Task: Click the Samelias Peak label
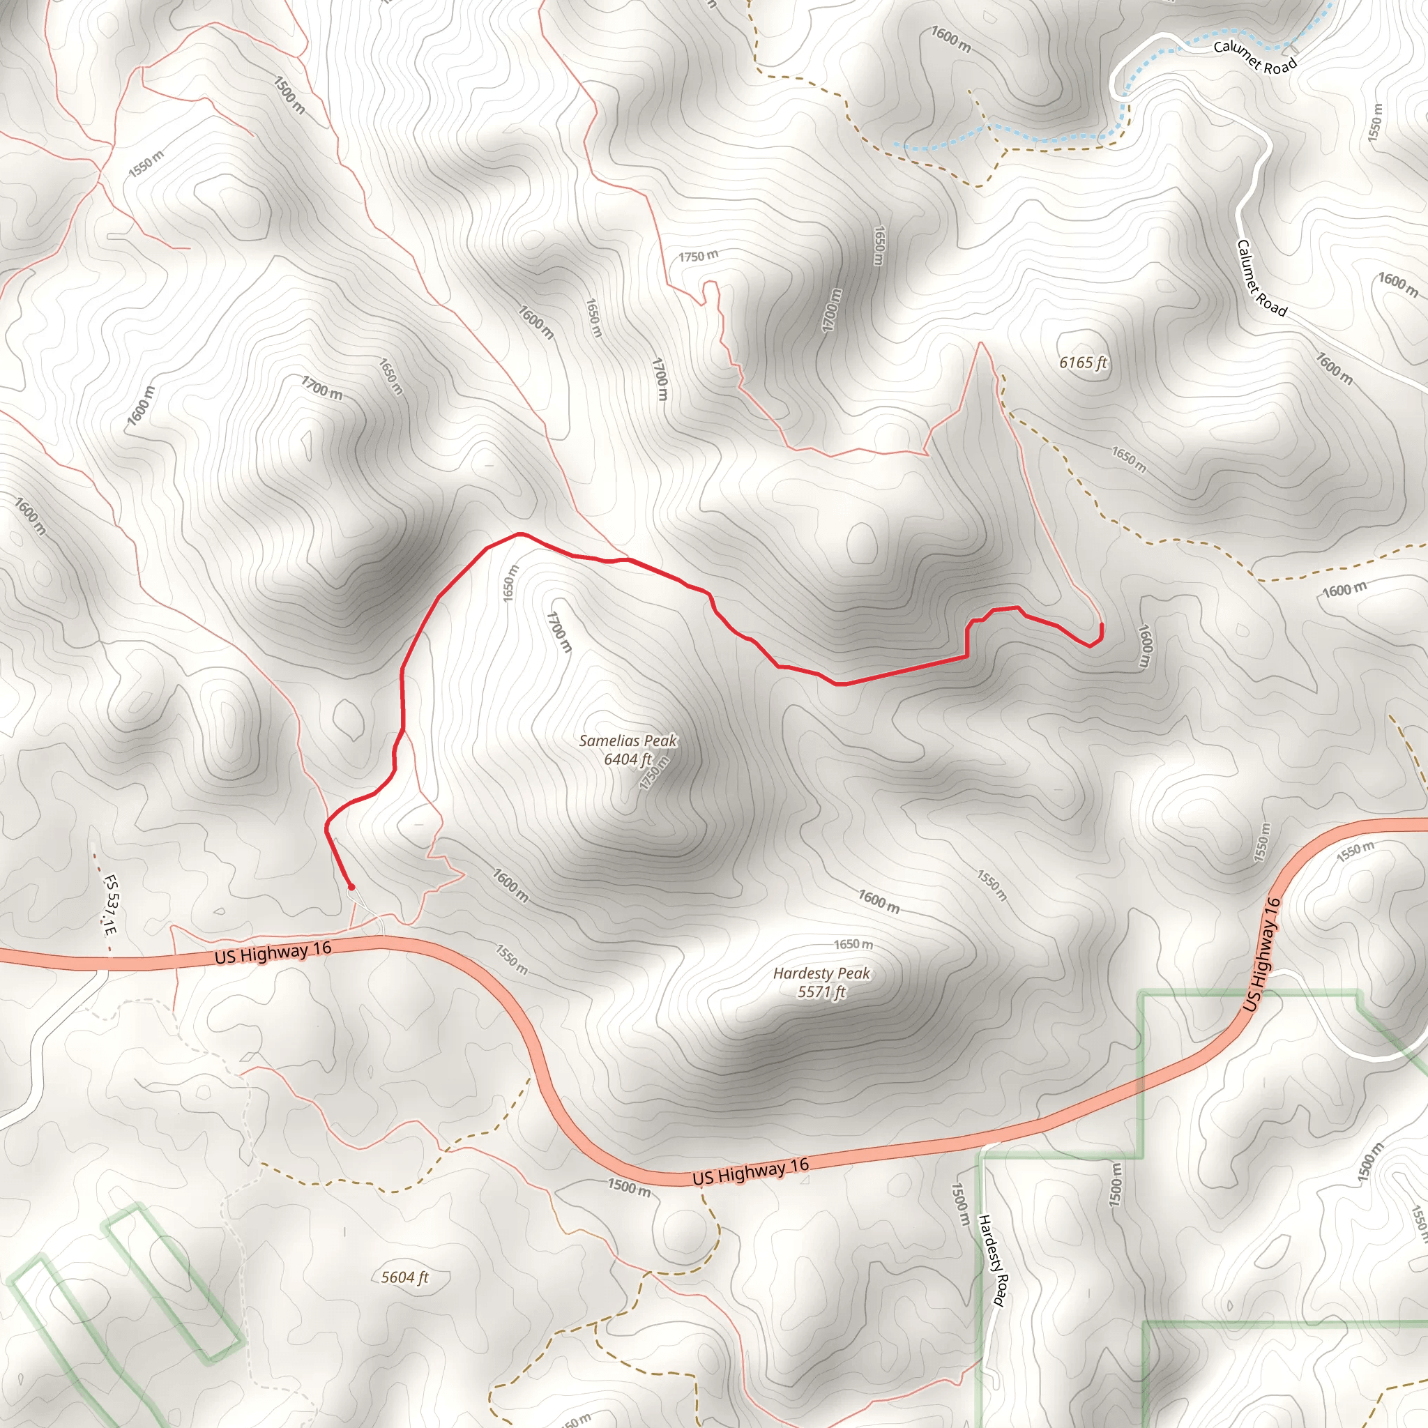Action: pyautogui.click(x=628, y=740)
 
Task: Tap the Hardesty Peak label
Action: pyautogui.click(x=821, y=973)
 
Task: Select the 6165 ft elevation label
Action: pyautogui.click(x=1083, y=362)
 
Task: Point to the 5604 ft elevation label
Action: pyautogui.click(x=404, y=1277)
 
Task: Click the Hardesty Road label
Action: pyautogui.click(x=992, y=1260)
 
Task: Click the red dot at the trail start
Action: pyautogui.click(x=351, y=887)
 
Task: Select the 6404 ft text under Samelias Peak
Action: pyautogui.click(x=628, y=759)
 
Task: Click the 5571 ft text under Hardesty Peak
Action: pyautogui.click(x=821, y=992)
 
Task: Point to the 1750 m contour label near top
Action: pyautogui.click(x=698, y=257)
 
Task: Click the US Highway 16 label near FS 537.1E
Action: pyautogui.click(x=273, y=952)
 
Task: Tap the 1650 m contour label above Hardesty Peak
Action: pyautogui.click(x=853, y=945)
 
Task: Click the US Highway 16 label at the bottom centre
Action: pyautogui.click(x=750, y=1171)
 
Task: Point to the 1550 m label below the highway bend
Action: pyautogui.click(x=512, y=959)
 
